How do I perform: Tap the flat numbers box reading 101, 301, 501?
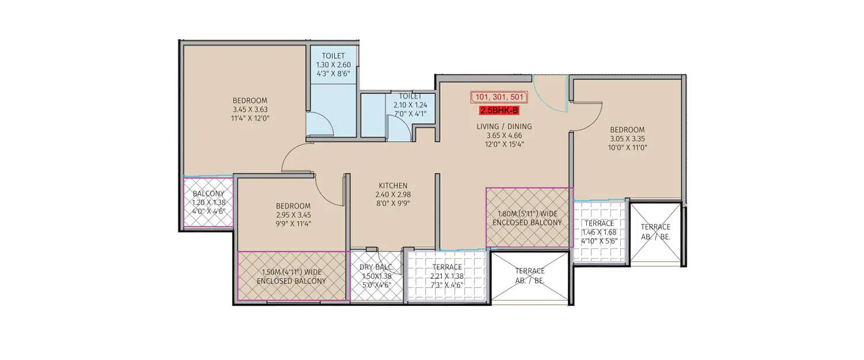click(x=499, y=97)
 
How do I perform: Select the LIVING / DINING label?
click(x=504, y=127)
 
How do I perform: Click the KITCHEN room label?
click(x=393, y=185)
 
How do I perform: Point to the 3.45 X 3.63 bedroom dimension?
click(x=250, y=109)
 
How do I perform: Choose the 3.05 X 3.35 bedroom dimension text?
click(x=627, y=139)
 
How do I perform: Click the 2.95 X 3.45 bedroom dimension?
click(x=293, y=215)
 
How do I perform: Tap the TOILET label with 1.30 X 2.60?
click(x=334, y=56)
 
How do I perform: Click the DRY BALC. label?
click(x=376, y=267)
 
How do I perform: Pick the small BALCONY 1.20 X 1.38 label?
click(x=209, y=194)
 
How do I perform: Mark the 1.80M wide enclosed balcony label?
click(x=529, y=218)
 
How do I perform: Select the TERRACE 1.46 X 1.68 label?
click(x=600, y=223)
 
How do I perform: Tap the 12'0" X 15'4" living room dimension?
click(x=504, y=145)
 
